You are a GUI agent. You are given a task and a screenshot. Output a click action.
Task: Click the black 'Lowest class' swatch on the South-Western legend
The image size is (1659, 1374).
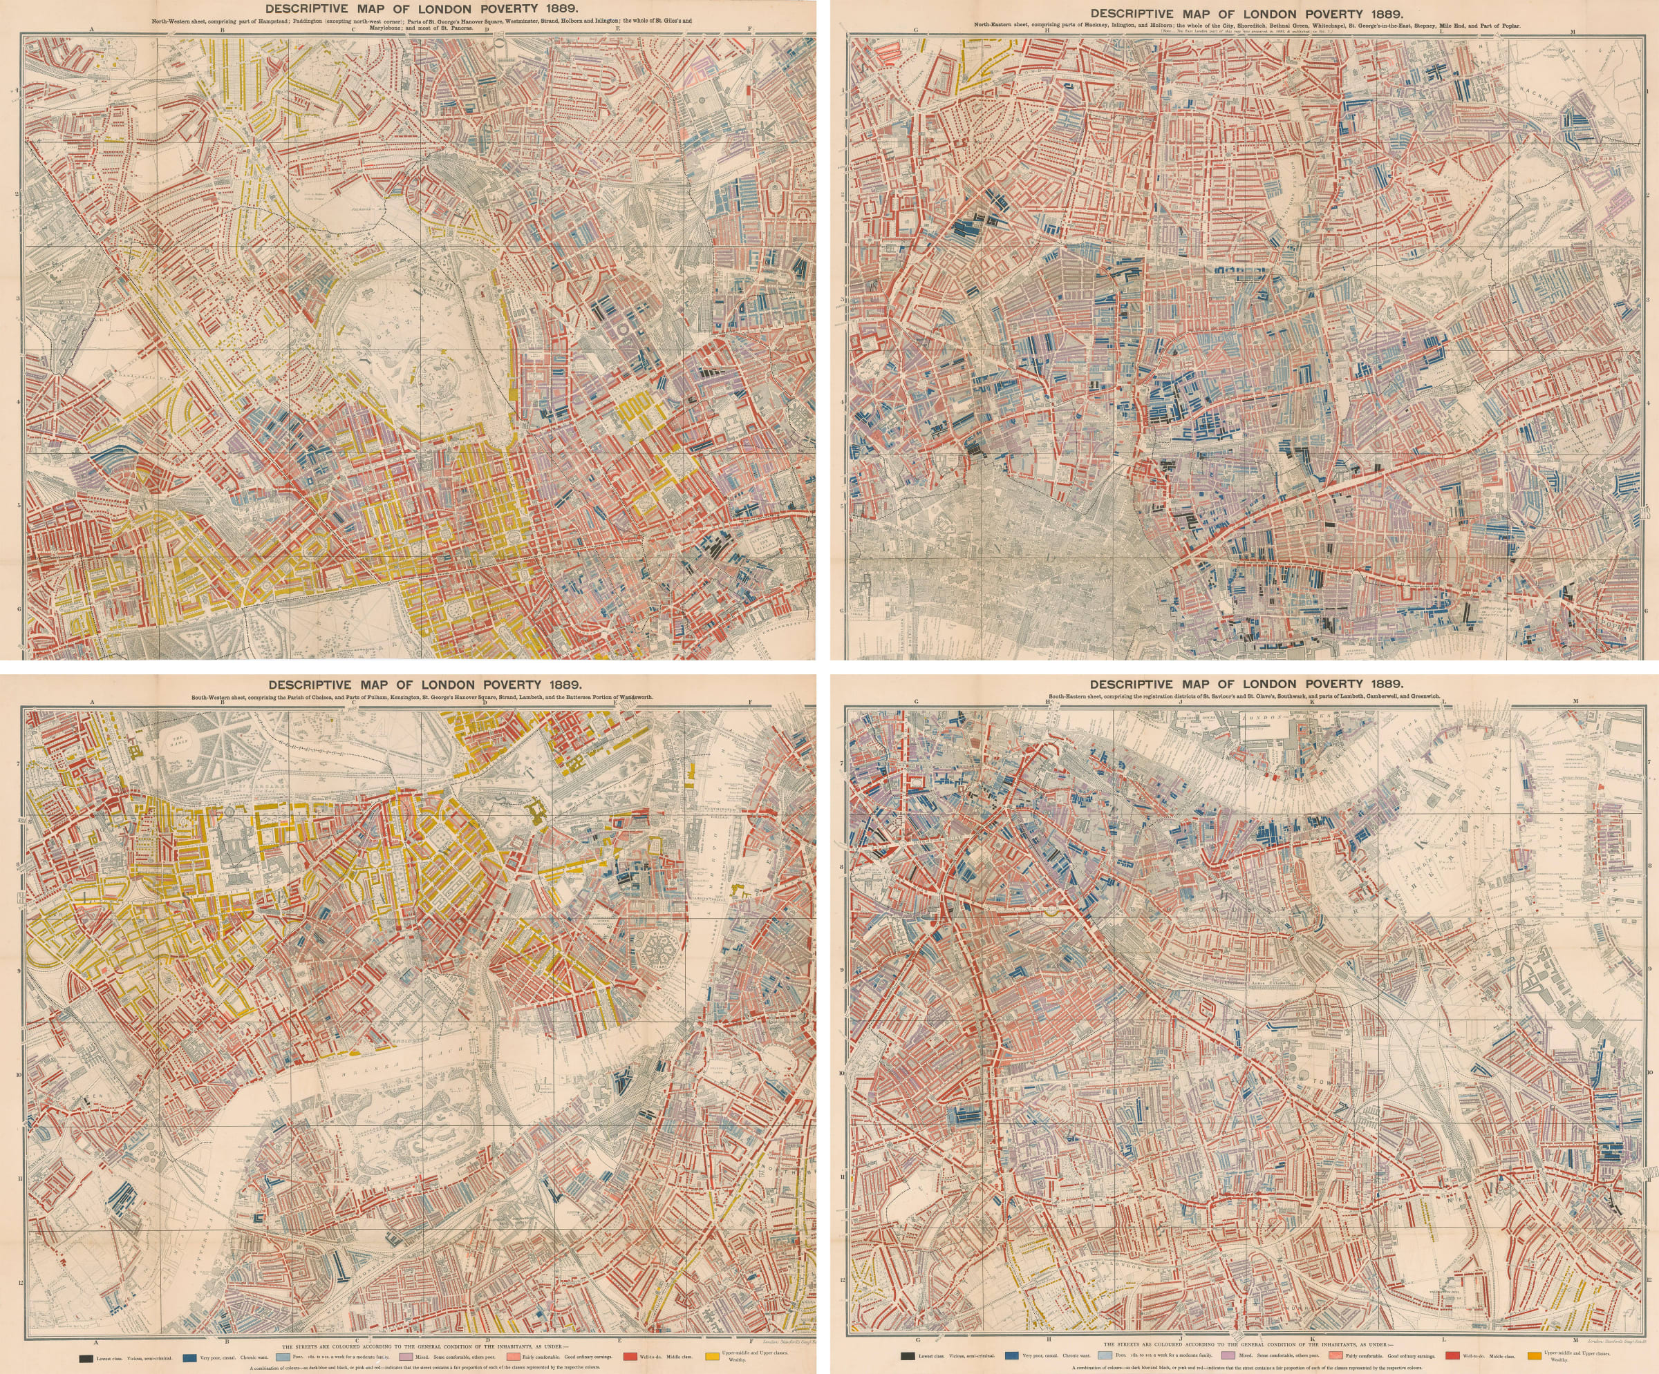point(85,1358)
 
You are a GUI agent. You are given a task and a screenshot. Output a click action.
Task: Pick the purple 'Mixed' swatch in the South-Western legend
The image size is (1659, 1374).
point(397,1358)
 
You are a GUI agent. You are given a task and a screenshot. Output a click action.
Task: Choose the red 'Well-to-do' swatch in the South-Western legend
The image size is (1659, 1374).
point(630,1358)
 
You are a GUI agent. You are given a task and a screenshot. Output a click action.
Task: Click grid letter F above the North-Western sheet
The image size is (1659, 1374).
point(750,30)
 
